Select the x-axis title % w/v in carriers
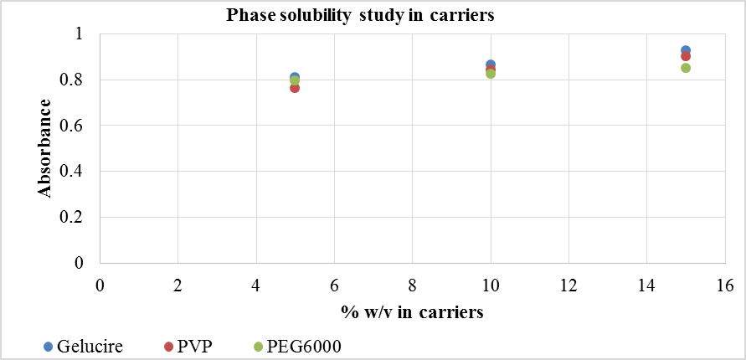413,312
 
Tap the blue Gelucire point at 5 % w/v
295,77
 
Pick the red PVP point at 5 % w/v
295,88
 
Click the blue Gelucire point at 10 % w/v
491,64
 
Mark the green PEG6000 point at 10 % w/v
491,74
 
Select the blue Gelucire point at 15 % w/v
686,50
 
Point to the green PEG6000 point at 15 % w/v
686,68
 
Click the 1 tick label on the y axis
80,34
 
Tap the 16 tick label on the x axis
725,285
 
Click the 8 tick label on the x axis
413,285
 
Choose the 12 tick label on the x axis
569,285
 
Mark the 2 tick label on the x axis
177,285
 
